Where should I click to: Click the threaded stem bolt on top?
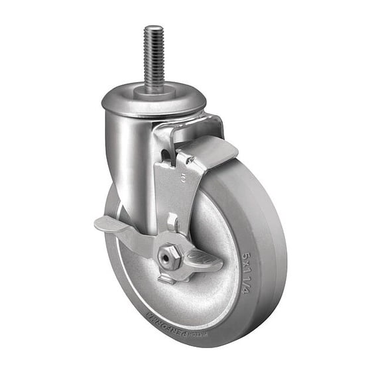point(153,56)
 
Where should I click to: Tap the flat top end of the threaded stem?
point(153,29)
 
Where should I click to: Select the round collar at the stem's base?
point(154,91)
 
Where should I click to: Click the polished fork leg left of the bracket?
point(133,166)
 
